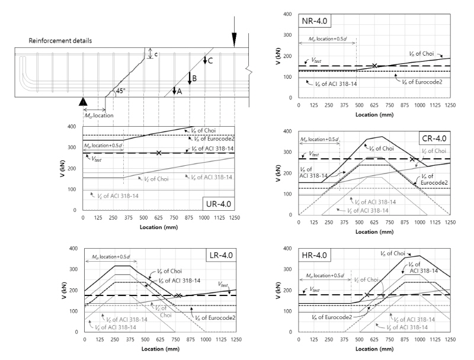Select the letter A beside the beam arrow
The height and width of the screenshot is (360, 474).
coord(178,92)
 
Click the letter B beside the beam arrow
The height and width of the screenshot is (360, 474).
coord(194,78)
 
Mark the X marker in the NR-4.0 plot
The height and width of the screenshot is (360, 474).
coord(374,66)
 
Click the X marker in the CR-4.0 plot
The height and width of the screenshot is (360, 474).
coord(412,159)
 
